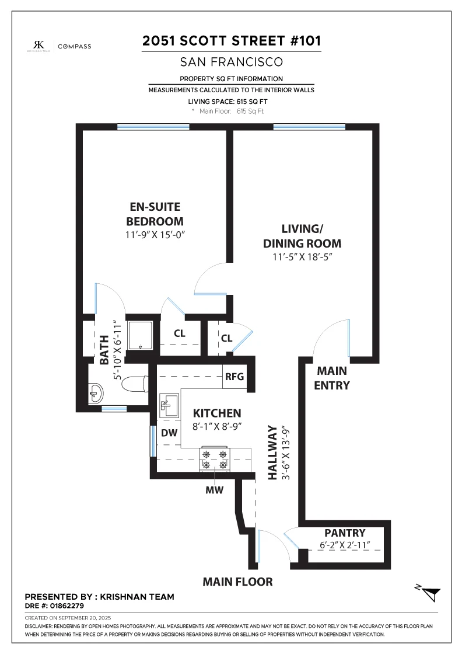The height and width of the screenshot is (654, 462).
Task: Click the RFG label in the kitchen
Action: click(235, 377)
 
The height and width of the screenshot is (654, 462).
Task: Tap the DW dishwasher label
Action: click(169, 433)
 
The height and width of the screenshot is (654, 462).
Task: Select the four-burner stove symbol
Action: click(215, 459)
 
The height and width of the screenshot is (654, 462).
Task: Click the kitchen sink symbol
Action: click(169, 405)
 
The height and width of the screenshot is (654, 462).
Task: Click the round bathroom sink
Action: click(96, 393)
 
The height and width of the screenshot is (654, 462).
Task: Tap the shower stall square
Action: click(141, 336)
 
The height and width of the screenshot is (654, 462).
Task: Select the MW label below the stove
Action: click(215, 490)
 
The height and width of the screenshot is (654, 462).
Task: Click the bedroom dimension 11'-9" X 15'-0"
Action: click(155, 235)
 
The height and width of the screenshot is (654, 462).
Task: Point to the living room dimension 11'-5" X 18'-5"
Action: click(302, 257)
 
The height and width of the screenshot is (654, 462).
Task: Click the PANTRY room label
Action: click(345, 533)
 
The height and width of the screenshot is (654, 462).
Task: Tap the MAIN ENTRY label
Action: click(332, 378)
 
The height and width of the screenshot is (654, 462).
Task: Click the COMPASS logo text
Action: click(75, 46)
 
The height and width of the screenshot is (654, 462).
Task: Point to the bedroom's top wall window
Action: click(153, 127)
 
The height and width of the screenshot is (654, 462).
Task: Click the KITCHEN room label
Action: click(217, 413)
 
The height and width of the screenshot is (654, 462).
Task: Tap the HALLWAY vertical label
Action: click(272, 453)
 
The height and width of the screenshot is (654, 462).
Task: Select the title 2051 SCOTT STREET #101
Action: click(232, 41)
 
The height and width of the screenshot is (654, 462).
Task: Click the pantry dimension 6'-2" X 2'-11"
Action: click(345, 545)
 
